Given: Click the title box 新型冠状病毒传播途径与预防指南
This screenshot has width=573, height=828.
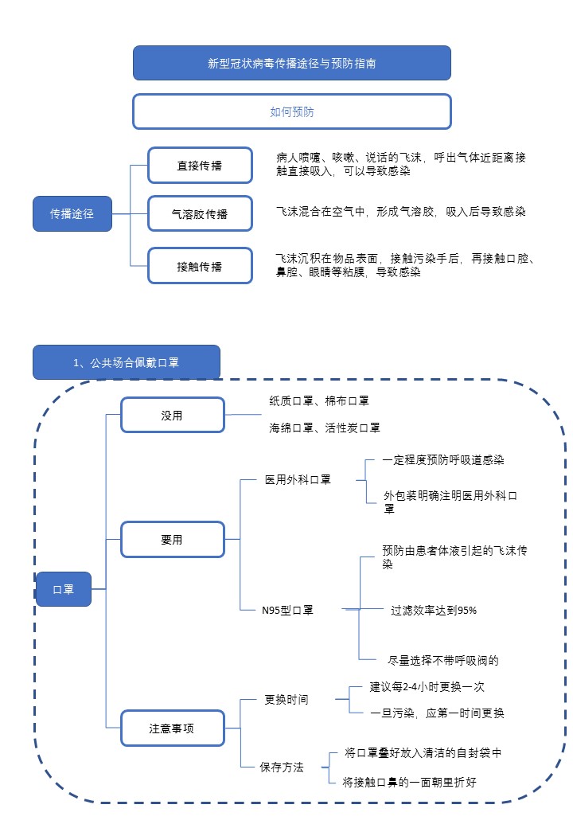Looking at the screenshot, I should tap(291, 63).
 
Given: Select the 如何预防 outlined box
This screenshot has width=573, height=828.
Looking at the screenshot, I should tap(291, 111).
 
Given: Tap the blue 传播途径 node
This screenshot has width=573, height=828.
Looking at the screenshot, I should tap(72, 213).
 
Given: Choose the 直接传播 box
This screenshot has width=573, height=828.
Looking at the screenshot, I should tap(200, 166).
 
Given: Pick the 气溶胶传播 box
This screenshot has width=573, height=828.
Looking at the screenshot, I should tap(200, 213).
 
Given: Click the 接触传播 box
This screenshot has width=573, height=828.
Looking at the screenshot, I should tap(200, 266).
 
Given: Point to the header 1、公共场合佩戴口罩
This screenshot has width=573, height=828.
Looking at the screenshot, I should tap(126, 362).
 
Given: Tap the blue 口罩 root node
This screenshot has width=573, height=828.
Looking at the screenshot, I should tap(63, 589).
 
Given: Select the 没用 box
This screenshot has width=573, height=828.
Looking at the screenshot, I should tap(172, 415).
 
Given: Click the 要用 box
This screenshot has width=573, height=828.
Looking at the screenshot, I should tap(172, 539).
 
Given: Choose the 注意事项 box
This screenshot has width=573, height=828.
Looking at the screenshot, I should tap(172, 728).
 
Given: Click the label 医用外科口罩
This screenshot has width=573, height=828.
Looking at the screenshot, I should tap(298, 479).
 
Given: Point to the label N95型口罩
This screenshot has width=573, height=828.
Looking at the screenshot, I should tap(287, 610).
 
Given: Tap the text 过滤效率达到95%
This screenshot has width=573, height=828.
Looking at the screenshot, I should tap(434, 610).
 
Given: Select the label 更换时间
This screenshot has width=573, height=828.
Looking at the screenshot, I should tap(286, 700).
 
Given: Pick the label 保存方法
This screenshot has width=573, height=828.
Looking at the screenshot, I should tap(282, 767).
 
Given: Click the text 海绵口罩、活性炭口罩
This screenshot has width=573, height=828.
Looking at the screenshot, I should tap(325, 428).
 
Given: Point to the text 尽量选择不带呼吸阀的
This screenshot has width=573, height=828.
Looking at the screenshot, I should tap(443, 660).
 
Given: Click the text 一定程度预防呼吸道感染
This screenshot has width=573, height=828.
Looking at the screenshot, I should tap(443, 459).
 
